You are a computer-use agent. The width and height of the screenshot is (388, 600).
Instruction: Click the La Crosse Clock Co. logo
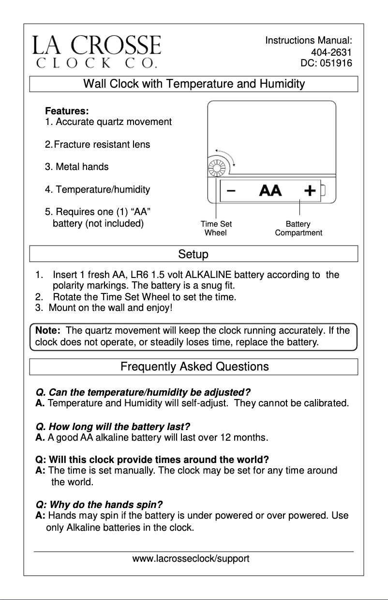point(97,51)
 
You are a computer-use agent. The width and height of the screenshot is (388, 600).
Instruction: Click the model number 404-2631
point(331,52)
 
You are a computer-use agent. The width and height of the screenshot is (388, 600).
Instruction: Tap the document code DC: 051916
point(326,63)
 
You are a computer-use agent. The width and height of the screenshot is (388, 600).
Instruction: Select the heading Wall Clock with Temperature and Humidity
point(194,84)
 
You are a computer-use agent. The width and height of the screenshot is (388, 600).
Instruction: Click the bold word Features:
point(67,111)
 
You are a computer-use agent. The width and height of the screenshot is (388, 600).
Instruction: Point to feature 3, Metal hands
point(77,167)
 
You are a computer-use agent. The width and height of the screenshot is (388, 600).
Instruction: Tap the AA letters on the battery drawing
point(270,190)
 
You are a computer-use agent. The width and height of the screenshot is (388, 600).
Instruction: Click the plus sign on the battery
point(310,190)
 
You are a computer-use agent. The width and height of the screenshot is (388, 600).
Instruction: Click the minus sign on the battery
point(231,190)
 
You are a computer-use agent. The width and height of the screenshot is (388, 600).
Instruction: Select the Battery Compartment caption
point(298,229)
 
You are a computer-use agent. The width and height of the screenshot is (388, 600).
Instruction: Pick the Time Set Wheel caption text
point(216,229)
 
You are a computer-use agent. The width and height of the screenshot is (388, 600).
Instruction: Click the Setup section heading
point(194,254)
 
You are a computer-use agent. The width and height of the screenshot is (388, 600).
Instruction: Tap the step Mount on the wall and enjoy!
point(111,308)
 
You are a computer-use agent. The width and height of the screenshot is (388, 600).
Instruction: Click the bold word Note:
point(48,331)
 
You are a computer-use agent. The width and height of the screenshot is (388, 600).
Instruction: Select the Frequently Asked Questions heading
point(194,367)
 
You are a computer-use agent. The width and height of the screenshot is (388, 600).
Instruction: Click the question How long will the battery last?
point(113,427)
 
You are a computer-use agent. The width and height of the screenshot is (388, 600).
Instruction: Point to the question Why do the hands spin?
point(99,504)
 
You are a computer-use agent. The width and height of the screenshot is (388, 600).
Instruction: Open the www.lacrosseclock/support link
point(191,559)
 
